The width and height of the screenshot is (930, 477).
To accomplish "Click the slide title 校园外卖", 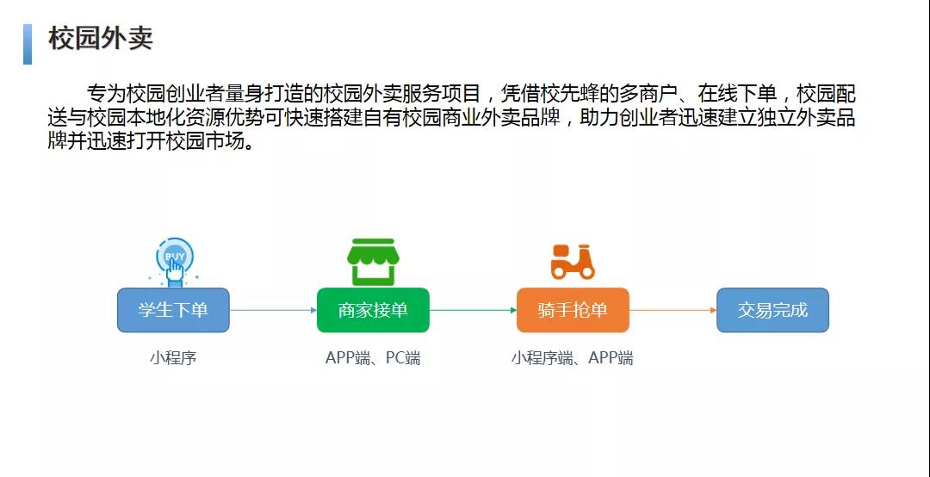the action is coord(101,39).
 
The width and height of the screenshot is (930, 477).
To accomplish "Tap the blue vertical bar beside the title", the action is coord(28,44).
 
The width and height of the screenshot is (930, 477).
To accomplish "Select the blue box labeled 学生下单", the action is coord(173,310).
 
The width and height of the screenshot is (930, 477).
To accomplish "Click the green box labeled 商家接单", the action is coord(373,310).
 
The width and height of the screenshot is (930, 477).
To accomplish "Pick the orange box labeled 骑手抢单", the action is coord(573,310).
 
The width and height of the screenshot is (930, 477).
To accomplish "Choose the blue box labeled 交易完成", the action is coord(772,310).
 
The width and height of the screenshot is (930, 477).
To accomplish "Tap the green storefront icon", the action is coord(373,262).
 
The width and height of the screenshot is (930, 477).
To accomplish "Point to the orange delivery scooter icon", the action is coord(573,262).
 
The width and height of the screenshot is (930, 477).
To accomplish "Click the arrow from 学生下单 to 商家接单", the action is coord(274,310).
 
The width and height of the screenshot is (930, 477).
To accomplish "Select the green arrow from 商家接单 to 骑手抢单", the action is coord(474,310).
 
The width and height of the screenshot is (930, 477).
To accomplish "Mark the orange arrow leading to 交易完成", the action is coord(673,310).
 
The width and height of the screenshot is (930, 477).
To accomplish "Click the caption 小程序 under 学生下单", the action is coord(172,358).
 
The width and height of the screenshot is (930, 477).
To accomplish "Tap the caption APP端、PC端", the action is coord(373,358).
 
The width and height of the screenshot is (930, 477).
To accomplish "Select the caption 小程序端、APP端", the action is coord(573,358).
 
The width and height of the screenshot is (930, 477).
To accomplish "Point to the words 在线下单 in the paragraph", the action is coord(736,94).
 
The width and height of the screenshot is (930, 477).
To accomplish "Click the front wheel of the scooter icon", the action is coord(587,271).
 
